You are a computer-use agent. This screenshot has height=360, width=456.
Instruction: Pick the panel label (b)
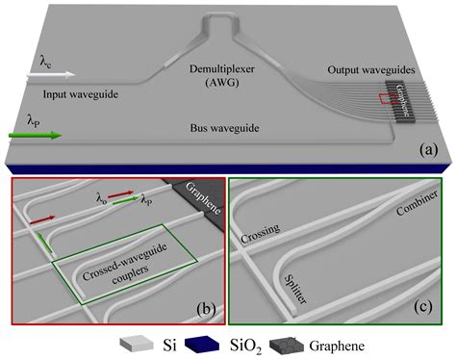point(205,309)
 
